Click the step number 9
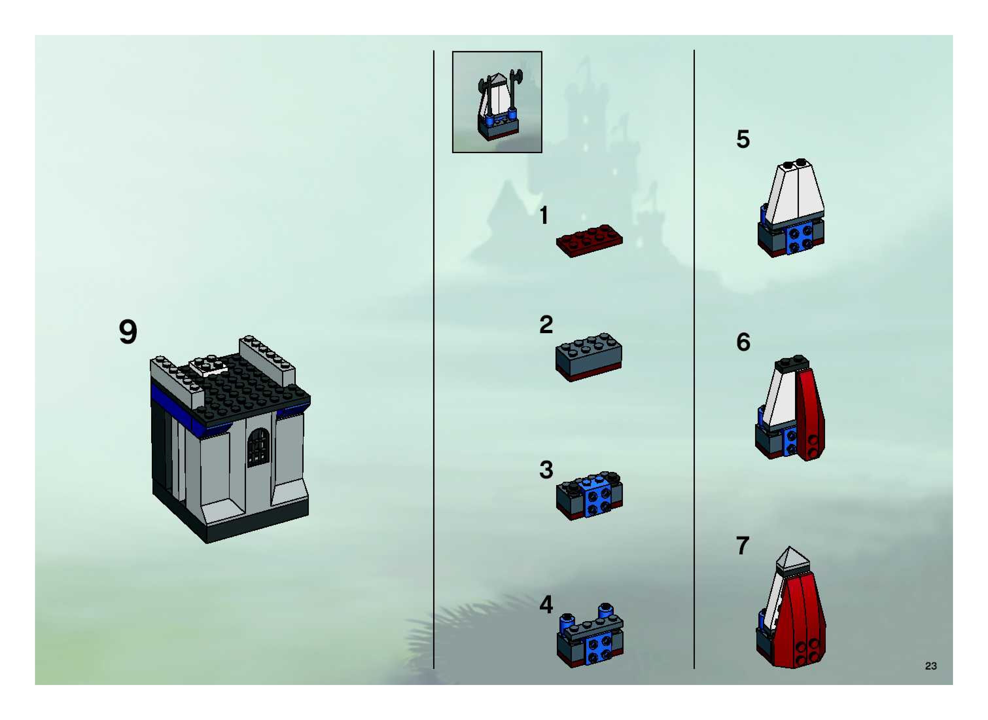(128, 333)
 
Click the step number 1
(544, 216)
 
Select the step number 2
(546, 325)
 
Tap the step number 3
(546, 470)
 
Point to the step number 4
(546, 604)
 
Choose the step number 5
(743, 139)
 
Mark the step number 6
(743, 342)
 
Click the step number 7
(743, 545)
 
